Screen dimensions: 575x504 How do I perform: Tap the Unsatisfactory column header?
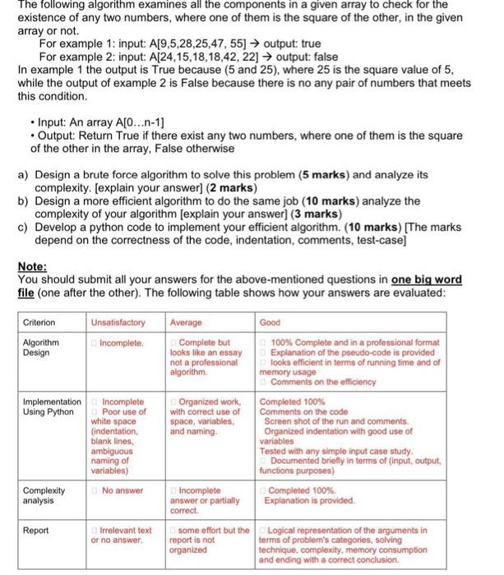pyautogui.click(x=117, y=323)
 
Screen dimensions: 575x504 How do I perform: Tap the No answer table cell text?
pyautogui.click(x=120, y=490)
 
